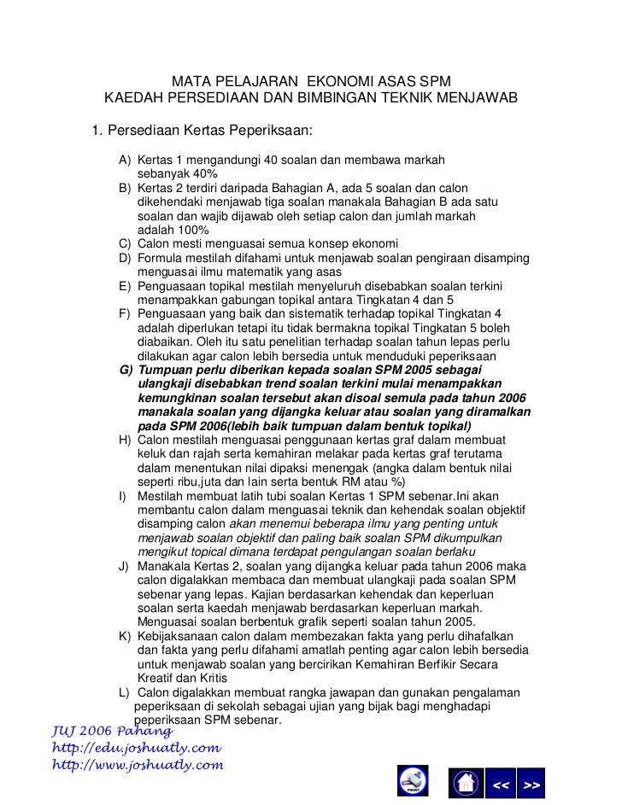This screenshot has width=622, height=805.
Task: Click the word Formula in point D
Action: [160, 258]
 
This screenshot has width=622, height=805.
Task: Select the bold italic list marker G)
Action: [126, 370]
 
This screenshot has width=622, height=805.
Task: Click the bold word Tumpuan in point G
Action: [166, 370]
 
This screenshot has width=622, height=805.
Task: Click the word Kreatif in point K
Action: [156, 677]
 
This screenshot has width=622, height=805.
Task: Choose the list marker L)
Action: [126, 692]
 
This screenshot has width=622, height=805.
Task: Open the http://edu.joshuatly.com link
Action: [137, 748]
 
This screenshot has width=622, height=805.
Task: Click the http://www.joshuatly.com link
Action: [138, 765]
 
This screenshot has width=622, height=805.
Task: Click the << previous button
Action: [502, 784]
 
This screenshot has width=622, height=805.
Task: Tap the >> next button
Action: [531, 784]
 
